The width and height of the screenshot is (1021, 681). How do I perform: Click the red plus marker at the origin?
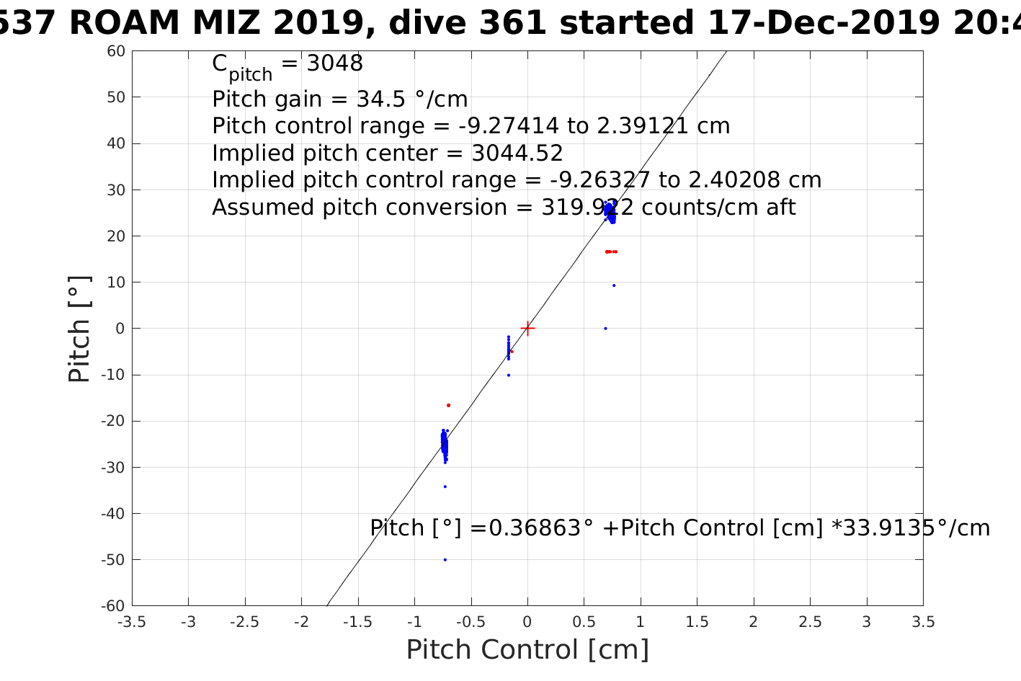[x=527, y=329]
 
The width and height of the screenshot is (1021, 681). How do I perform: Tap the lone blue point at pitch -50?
[x=445, y=560]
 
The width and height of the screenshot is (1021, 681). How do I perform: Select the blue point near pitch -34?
[x=445, y=486]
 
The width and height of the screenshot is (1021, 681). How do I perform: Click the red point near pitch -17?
[x=448, y=405]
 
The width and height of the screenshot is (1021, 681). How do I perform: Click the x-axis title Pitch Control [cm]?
[x=527, y=650]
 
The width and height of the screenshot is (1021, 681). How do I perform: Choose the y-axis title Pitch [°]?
[x=79, y=329]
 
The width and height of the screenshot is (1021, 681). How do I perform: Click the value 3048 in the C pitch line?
[x=335, y=63]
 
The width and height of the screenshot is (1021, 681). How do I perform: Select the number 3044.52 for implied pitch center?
[x=517, y=153]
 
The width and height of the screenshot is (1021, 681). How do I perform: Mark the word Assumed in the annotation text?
[x=264, y=208]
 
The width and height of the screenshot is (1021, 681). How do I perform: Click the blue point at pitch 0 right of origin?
[x=605, y=329]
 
